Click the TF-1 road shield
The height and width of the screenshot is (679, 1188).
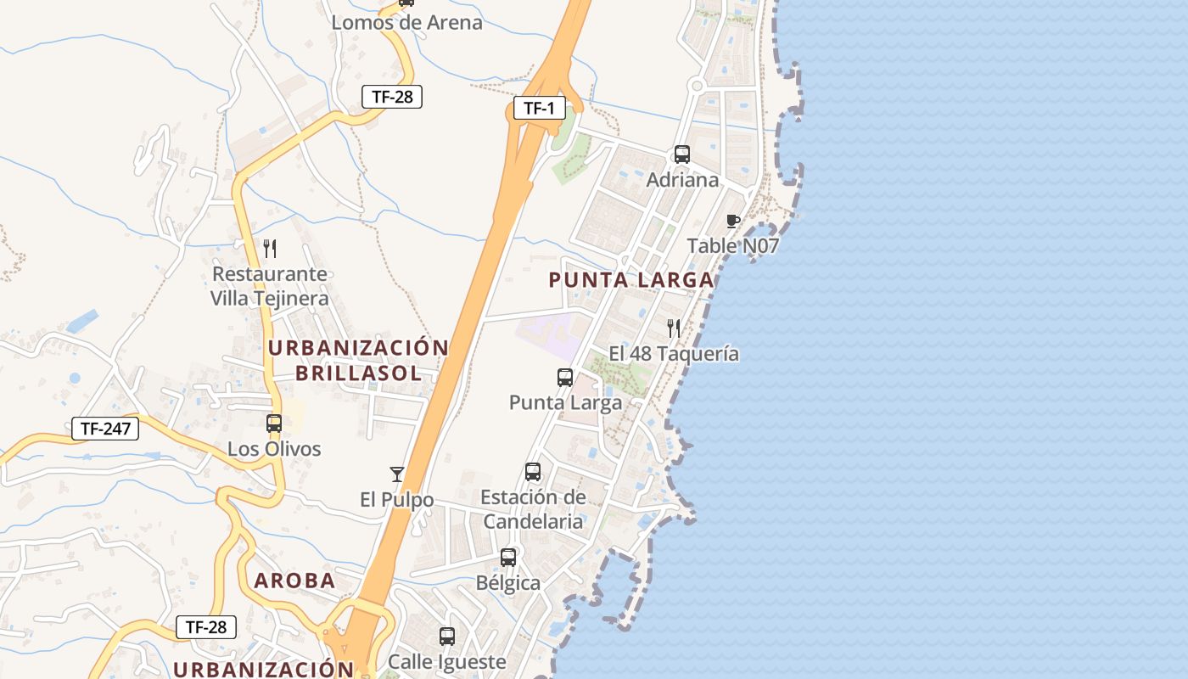pyautogui.click(x=539, y=108)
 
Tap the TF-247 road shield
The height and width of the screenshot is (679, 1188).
pyautogui.click(x=105, y=429)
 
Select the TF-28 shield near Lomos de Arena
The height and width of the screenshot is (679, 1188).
pyautogui.click(x=392, y=96)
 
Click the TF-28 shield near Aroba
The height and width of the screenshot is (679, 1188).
pyautogui.click(x=206, y=627)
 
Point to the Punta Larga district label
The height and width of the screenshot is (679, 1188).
pyautogui.click(x=631, y=279)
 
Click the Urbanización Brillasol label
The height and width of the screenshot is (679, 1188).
pyautogui.click(x=358, y=360)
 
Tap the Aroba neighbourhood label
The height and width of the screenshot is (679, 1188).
pyautogui.click(x=294, y=581)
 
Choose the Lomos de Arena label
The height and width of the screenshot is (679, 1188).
pyautogui.click(x=406, y=22)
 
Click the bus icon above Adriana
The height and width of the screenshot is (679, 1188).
pyautogui.click(x=682, y=154)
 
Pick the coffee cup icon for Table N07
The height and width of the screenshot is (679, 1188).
pyautogui.click(x=733, y=222)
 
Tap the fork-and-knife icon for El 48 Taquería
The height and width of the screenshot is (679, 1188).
pyautogui.click(x=674, y=328)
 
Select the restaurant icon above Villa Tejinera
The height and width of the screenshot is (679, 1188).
pyautogui.click(x=270, y=249)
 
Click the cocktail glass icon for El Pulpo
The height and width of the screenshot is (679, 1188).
pyautogui.click(x=396, y=474)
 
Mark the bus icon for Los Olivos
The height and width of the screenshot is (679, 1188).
pyautogui.click(x=274, y=423)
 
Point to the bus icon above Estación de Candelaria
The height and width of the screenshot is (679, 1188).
pyautogui.click(x=533, y=472)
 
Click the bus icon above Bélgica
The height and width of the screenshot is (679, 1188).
pyautogui.click(x=508, y=558)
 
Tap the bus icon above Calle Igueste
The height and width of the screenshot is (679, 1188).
pyautogui.click(x=447, y=636)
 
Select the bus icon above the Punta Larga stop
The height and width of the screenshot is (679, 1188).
pyautogui.click(x=565, y=378)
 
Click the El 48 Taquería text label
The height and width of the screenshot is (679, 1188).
pyautogui.click(x=674, y=354)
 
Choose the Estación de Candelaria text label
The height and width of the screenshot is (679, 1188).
pyautogui.click(x=533, y=508)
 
